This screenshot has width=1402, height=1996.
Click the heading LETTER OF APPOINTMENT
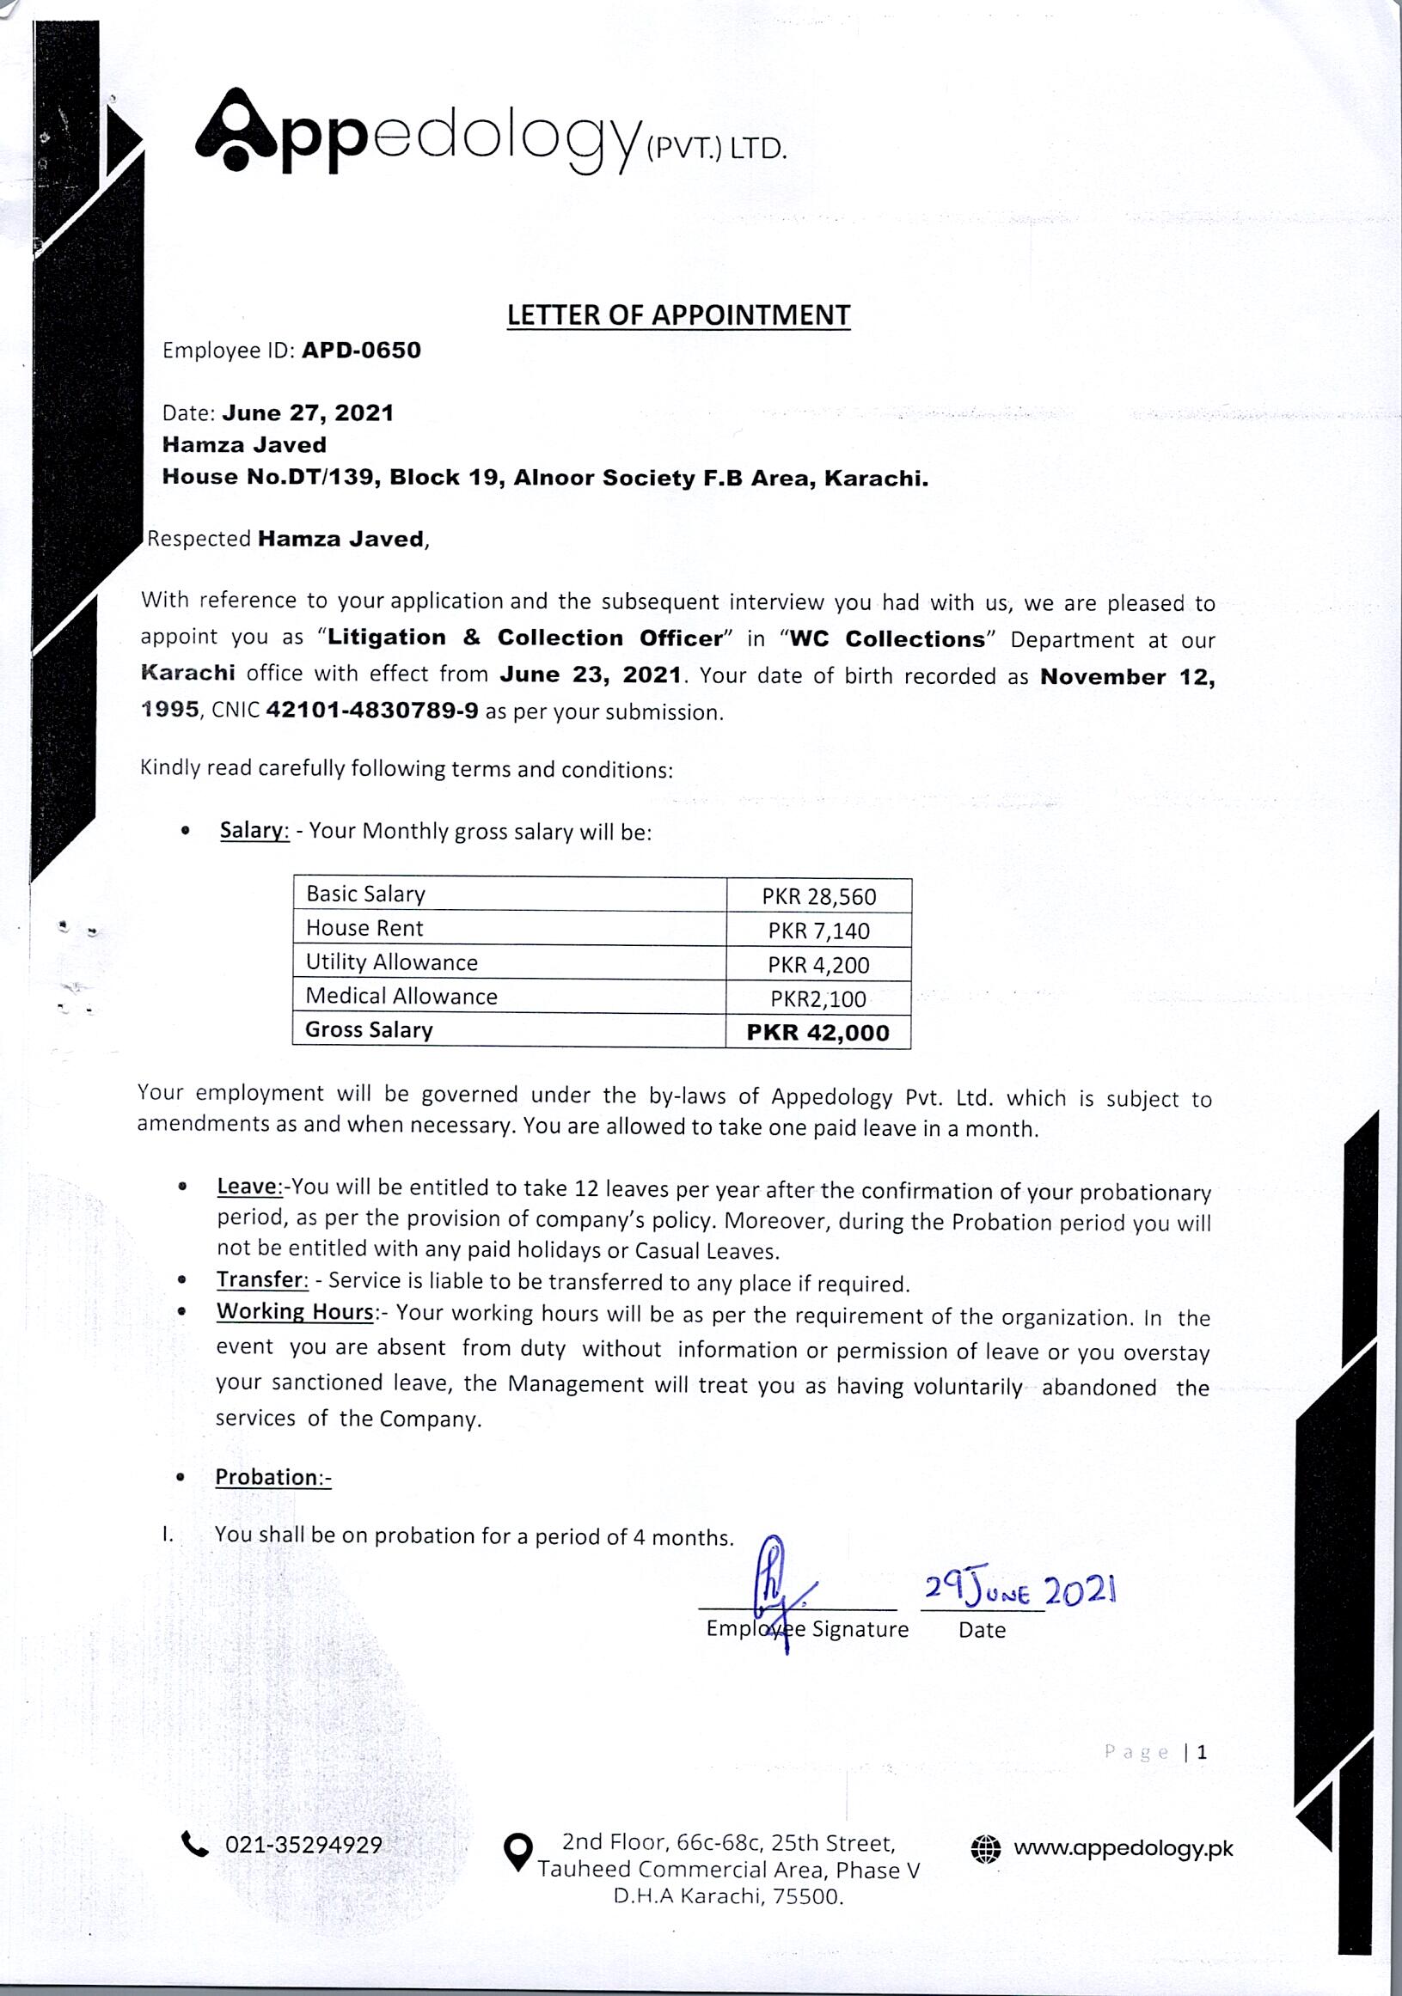pos(678,314)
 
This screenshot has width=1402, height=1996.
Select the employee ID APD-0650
pos(361,351)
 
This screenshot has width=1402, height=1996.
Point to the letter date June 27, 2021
pos(308,413)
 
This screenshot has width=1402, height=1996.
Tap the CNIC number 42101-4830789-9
pos(371,711)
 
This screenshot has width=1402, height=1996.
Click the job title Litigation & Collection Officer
pos(524,638)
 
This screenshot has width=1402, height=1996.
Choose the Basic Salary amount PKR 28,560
pos(818,896)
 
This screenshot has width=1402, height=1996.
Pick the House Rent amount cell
pos(818,931)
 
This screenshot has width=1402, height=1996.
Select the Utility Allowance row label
pos(391,962)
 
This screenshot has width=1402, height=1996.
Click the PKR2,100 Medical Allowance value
pos(818,999)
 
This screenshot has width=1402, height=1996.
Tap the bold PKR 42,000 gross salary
pos(818,1033)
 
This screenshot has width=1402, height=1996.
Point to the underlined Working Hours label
pos(295,1312)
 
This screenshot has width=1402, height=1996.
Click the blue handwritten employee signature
pos(778,1586)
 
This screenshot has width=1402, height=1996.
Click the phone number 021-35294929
pos(303,1846)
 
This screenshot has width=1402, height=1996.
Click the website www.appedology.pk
pos(1123,1848)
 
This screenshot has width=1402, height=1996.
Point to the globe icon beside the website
pos(985,1849)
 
